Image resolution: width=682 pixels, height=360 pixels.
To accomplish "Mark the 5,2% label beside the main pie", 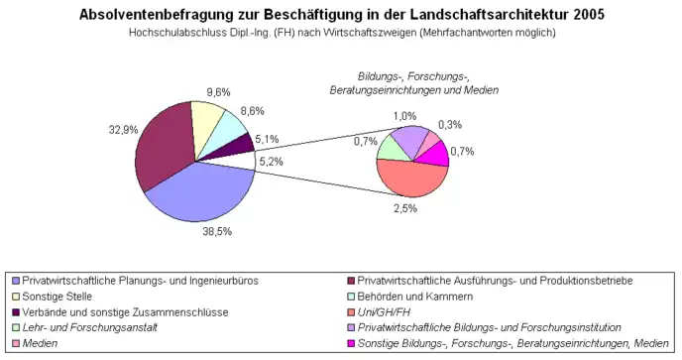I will (271, 160).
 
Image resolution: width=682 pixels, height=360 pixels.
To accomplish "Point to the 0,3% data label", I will (451, 124).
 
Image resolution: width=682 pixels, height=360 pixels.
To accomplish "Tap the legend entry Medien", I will (43, 343).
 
